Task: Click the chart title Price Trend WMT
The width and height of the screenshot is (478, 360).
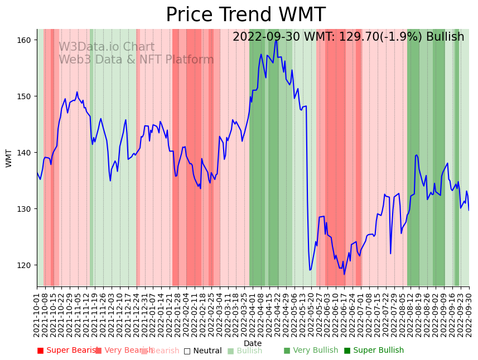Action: click(245, 15)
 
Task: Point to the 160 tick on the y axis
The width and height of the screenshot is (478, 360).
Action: click(27, 40)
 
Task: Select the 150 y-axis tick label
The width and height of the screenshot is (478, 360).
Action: click(27, 96)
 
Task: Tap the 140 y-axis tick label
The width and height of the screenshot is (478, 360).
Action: click(27, 153)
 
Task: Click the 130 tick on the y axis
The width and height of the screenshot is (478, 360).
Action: click(27, 209)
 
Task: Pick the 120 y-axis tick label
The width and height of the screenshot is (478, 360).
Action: click(27, 265)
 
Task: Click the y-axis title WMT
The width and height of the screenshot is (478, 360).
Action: click(9, 158)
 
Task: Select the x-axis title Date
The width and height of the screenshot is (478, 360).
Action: click(253, 343)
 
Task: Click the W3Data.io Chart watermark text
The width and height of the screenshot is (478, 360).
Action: click(107, 47)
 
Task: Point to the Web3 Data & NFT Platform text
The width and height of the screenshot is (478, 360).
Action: click(136, 60)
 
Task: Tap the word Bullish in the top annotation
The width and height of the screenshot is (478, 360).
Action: click(445, 37)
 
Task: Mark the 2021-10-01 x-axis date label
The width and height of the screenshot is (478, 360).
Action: click(37, 315)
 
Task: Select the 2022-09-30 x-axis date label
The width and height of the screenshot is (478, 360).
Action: click(469, 315)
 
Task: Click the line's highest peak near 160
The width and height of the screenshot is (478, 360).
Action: click(276, 40)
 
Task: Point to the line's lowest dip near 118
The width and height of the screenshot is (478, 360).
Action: click(344, 274)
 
